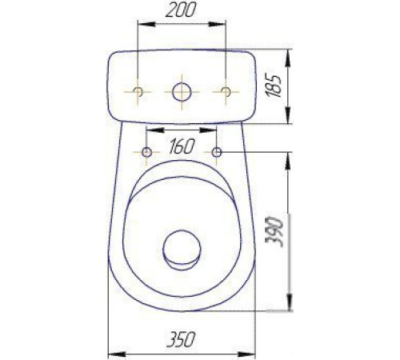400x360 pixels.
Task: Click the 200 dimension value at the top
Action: pyautogui.click(x=181, y=10)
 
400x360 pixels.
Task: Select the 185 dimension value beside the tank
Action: pyautogui.click(x=274, y=85)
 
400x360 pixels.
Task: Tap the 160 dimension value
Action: pyautogui.click(x=181, y=146)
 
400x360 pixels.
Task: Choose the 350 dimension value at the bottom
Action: pyautogui.click(x=181, y=339)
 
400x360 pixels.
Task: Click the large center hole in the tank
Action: pyautogui.click(x=182, y=92)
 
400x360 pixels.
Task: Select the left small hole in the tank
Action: pyautogui.click(x=138, y=91)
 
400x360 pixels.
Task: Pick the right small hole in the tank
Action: pyautogui.click(x=226, y=91)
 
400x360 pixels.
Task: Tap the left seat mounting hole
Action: pyautogui.click(x=146, y=152)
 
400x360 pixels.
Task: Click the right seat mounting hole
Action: pyautogui.click(x=217, y=152)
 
